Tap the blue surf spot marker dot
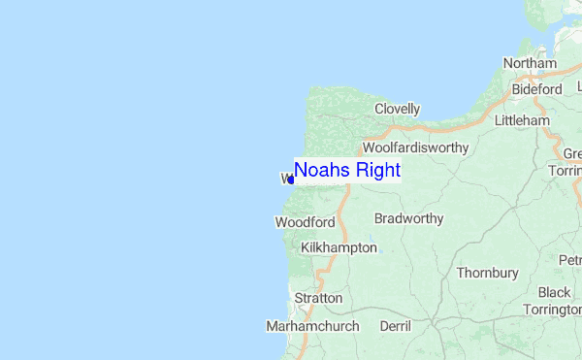pyautogui.click(x=291, y=180)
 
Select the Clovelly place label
pyautogui.click(x=397, y=110)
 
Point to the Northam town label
pyautogui.click(x=530, y=64)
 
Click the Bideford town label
pyautogui.click(x=537, y=89)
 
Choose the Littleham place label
pyautogui.click(x=522, y=121)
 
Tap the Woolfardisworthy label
pyautogui.click(x=415, y=148)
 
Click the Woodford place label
pyautogui.click(x=305, y=222)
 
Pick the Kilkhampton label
pyautogui.click(x=339, y=248)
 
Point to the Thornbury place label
pyautogui.click(x=487, y=274)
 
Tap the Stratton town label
pyautogui.click(x=319, y=298)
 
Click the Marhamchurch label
pyautogui.click(x=312, y=327)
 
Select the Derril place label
pyautogui.click(x=396, y=327)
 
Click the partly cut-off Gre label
pyautogui.click(x=572, y=154)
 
